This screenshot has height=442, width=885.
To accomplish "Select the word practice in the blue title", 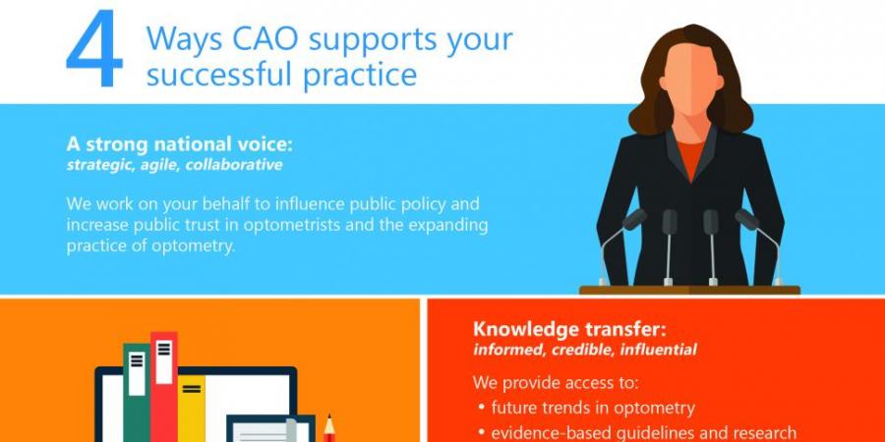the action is [360, 74].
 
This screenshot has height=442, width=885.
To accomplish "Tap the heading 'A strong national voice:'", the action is [180, 143].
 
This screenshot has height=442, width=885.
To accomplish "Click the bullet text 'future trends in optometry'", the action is [593, 407].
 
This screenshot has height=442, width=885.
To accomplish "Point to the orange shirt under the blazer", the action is [691, 158].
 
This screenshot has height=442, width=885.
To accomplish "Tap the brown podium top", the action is [689, 290].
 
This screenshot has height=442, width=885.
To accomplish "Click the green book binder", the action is [137, 392].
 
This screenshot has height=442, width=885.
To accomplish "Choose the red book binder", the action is [164, 387].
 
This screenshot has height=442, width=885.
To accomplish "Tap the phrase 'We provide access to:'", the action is [556, 383].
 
